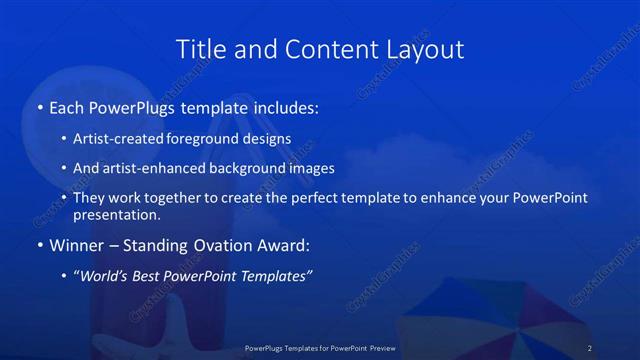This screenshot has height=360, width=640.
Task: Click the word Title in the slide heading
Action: pyautogui.click(x=198, y=49)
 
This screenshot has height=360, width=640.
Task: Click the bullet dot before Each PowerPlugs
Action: pyautogui.click(x=39, y=106)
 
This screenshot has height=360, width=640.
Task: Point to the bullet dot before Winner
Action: pyautogui.click(x=39, y=244)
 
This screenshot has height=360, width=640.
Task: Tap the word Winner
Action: pyautogui.click(x=76, y=244)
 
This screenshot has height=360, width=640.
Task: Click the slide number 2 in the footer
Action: pyautogui.click(x=590, y=348)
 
